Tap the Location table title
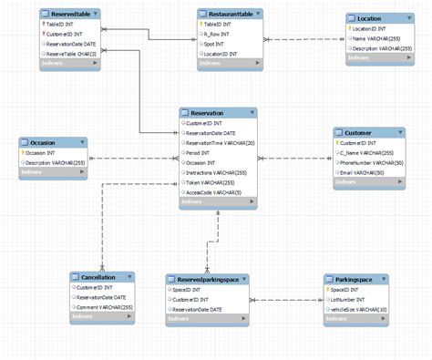click(370, 18)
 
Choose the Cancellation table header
click(98, 276)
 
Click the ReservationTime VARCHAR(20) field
click(219, 144)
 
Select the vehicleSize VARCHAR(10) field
click(357, 310)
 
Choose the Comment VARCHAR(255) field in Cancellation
click(105, 307)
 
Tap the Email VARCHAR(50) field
click(362, 173)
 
